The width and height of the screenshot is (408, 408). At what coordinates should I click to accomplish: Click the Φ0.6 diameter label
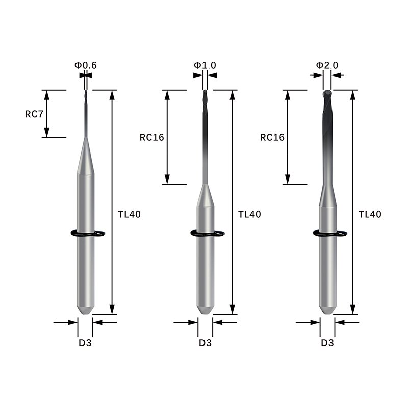click(x=86, y=65)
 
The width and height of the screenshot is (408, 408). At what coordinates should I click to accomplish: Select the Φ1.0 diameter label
click(x=205, y=65)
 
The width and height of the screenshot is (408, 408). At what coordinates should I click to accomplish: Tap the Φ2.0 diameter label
click(x=327, y=65)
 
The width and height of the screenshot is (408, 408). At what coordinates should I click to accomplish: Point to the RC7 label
click(x=34, y=114)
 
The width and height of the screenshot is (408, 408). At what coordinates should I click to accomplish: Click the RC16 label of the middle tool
click(x=152, y=137)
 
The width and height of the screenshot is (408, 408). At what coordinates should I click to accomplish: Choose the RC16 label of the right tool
click(x=272, y=137)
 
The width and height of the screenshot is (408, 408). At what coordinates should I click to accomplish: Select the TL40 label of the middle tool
click(x=249, y=214)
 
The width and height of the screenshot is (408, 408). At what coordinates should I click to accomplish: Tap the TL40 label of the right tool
click(x=370, y=214)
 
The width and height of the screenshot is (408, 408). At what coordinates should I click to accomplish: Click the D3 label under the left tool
click(x=85, y=343)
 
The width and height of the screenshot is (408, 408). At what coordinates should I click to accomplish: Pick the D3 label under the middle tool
click(x=205, y=343)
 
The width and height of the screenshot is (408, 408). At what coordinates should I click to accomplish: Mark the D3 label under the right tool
click(x=327, y=343)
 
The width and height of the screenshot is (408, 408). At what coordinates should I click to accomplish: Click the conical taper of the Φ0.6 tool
click(x=85, y=158)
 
